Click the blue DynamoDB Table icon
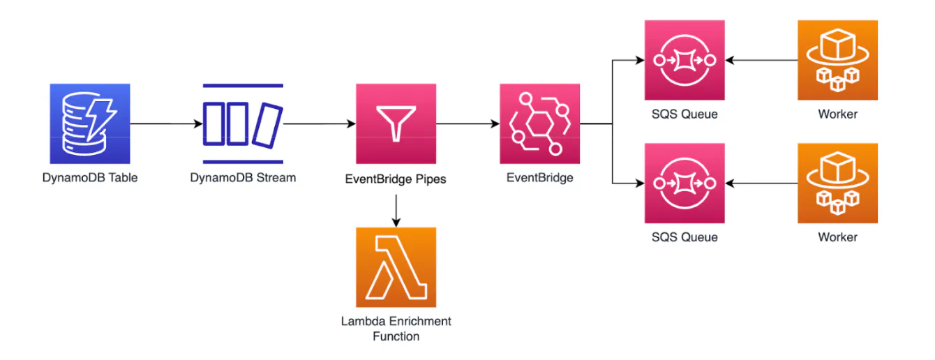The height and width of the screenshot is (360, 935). coord(90,123)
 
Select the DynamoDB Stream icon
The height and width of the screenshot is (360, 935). coord(243,123)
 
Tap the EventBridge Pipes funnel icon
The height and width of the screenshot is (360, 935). coord(396,123)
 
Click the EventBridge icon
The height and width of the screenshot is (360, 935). coord(539,123)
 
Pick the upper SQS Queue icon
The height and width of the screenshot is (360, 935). coord(685,60)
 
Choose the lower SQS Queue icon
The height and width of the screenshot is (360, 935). coord(685,183)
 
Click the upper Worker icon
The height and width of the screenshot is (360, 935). coord(838,60)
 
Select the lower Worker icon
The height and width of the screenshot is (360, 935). coord(838,183)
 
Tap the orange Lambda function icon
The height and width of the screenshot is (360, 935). coord(396,267)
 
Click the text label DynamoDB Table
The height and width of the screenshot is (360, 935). coord(90,178)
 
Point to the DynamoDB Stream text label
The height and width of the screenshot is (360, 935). coord(243,178)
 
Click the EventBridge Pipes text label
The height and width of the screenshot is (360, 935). coord(396,179)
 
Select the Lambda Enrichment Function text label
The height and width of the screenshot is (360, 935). coord(396,329)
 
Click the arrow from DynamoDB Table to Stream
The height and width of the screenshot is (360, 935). coord(167,123)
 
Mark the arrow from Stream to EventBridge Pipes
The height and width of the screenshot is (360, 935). coord(320,123)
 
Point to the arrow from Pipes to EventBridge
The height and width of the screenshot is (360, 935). coord(468,123)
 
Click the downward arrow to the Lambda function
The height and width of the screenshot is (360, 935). coord(396,211)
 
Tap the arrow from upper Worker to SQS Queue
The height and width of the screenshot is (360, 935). coord(761,60)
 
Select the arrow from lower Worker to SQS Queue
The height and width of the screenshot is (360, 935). coord(761,183)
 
